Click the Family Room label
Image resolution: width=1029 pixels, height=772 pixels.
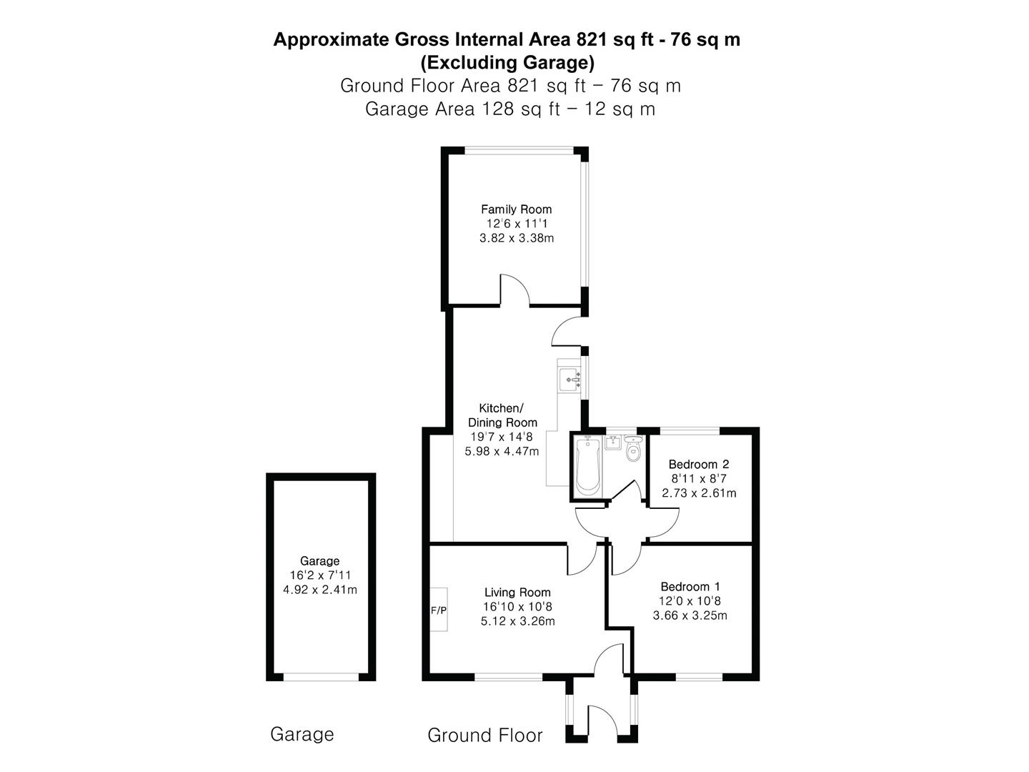coord(516,209)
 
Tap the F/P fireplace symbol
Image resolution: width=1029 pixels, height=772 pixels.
coord(438,610)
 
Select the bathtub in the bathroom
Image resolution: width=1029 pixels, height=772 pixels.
coord(587,466)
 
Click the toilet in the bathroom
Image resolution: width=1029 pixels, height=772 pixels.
coord(632,450)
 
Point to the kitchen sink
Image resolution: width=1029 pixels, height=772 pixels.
coord(570,377)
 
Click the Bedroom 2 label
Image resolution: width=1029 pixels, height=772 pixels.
coord(698,464)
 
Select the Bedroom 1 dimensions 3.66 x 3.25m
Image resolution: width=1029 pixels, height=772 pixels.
coord(690,615)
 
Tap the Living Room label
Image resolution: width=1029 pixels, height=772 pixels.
coord(517,592)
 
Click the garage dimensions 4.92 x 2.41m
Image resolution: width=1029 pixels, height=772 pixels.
coord(319,590)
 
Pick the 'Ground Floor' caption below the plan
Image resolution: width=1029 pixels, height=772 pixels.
coord(484,735)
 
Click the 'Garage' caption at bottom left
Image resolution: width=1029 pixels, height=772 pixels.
coord(302,734)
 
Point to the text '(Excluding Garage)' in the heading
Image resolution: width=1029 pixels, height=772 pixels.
coord(507,63)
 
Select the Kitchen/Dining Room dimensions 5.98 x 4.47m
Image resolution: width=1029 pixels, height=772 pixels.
coord(502,451)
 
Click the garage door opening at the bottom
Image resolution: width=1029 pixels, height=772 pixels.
coord(320,676)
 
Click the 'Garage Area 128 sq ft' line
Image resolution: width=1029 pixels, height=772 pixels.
coord(509,109)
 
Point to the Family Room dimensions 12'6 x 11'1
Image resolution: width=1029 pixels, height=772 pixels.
coord(516,224)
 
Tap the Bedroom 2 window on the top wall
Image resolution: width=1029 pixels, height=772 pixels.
coord(689,430)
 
